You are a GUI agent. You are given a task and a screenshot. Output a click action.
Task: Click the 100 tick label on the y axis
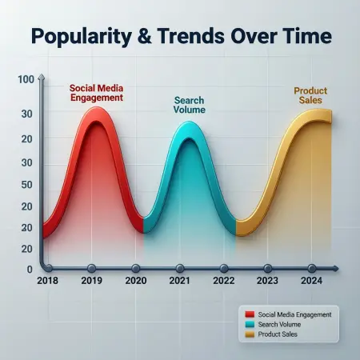click(24, 79)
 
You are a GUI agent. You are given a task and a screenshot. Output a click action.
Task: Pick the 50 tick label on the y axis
click(26, 185)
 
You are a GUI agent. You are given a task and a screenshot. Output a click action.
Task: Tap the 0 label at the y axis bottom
click(30, 270)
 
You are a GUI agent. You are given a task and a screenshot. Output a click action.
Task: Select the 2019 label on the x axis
click(91, 281)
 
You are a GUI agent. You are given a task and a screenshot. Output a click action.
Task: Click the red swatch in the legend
click(250, 314)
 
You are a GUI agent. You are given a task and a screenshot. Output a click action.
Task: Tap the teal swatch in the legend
click(250, 323)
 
